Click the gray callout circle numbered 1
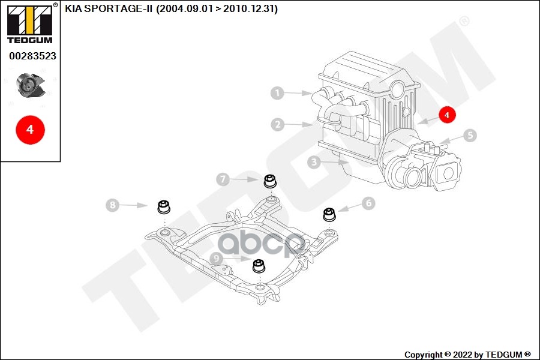click(x=277, y=93)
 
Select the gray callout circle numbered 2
click(x=277, y=125)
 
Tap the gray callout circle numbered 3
click(x=313, y=161)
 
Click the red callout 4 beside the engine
click(x=447, y=114)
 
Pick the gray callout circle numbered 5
click(x=470, y=136)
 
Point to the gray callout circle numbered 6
click(x=368, y=203)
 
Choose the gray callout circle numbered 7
click(x=223, y=179)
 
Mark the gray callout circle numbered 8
click(x=112, y=205)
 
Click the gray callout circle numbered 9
click(x=216, y=259)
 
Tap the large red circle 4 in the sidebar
click(x=30, y=129)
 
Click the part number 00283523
click(x=32, y=56)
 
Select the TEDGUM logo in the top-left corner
click(x=29, y=23)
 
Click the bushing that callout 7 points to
click(x=271, y=181)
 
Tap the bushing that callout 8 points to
click(x=163, y=207)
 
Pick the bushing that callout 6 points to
click(x=329, y=214)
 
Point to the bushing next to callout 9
click(x=259, y=265)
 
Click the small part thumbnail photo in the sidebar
click(x=30, y=85)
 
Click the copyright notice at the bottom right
click(x=467, y=354)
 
